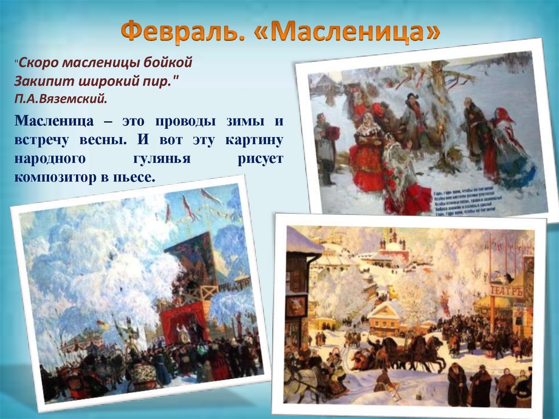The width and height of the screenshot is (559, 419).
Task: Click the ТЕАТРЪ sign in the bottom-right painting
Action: pos(506,291)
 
